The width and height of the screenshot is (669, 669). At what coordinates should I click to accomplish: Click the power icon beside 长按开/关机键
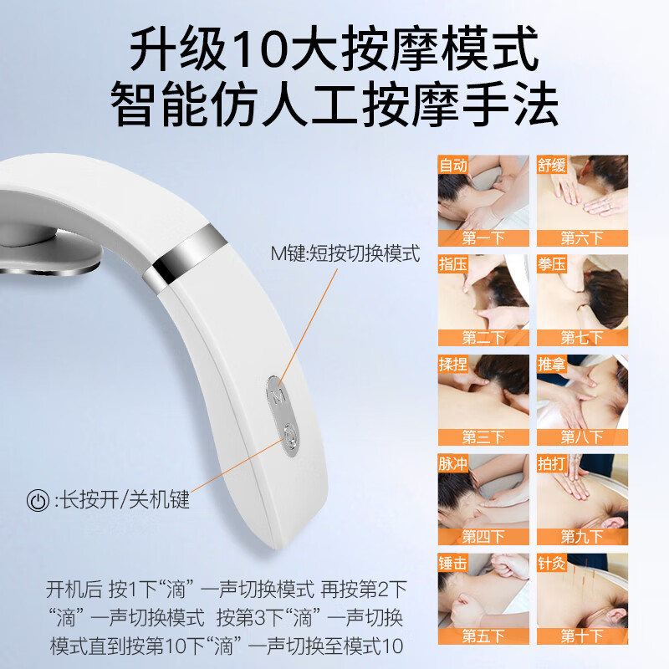(x=38, y=500)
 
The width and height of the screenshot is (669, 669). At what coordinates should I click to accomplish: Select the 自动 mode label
(x=453, y=165)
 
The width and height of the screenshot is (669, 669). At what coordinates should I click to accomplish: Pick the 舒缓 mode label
(x=552, y=165)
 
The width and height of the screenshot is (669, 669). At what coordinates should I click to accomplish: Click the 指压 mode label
(x=453, y=264)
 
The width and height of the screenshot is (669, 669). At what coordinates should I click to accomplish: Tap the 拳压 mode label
(x=552, y=264)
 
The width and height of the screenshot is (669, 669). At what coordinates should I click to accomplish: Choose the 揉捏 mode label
(x=453, y=364)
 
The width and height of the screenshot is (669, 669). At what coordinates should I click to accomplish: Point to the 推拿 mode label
(x=552, y=364)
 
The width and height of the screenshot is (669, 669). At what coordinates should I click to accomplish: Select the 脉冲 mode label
(x=453, y=463)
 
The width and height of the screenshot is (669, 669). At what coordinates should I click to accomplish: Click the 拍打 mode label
(x=552, y=463)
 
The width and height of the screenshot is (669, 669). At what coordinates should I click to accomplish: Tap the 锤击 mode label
(x=453, y=563)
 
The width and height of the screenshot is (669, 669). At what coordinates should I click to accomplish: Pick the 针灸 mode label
(x=552, y=563)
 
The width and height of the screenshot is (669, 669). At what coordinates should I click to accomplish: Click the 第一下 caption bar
(x=483, y=238)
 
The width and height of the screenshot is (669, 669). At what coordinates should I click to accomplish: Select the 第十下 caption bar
(x=582, y=636)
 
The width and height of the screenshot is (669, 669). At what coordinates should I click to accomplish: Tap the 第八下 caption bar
(x=582, y=437)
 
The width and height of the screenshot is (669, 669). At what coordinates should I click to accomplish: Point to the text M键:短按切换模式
(x=345, y=254)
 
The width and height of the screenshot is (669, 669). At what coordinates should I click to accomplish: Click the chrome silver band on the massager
(x=185, y=256)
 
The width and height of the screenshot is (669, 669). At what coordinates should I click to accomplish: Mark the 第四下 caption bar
(x=483, y=537)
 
